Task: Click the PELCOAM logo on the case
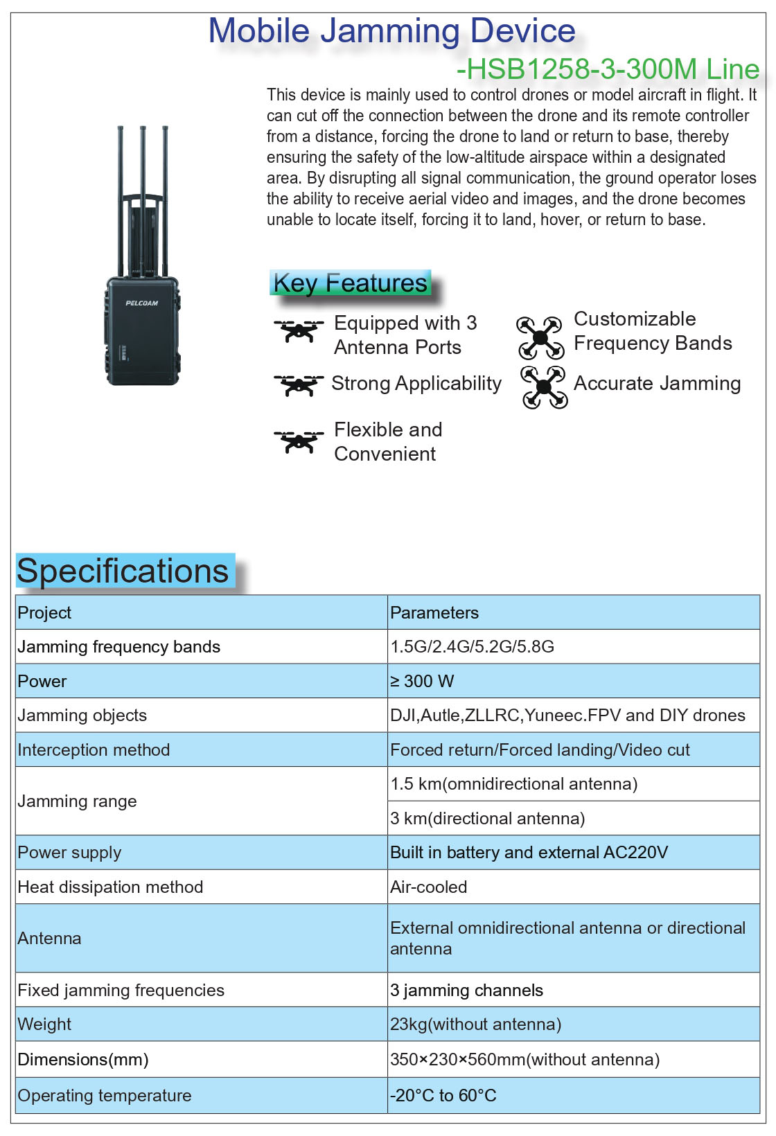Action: pos(142,303)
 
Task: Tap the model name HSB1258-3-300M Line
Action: pos(608,69)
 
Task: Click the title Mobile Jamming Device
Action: pos(392,31)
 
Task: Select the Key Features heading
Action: pos(351,283)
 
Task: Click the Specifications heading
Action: pos(123,571)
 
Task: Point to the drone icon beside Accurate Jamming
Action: pos(544,388)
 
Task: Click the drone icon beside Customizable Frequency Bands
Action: pos(540,337)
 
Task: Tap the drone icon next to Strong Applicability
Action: pos(299,385)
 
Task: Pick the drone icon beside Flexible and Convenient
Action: pos(299,441)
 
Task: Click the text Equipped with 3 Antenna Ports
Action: pos(405,335)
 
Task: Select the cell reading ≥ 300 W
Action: pos(422,682)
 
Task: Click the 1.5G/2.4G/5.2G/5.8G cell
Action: pos(473,647)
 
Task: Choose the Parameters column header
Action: pos(434,613)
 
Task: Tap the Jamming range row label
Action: pos(78,801)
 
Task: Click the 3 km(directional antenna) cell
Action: pos(488,819)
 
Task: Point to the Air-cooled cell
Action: pos(429,887)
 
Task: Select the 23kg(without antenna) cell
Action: pos(476,1024)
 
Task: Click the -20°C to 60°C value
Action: pos(443,1096)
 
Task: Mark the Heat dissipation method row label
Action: pos(111,887)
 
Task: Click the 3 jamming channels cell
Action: pos(467,991)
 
